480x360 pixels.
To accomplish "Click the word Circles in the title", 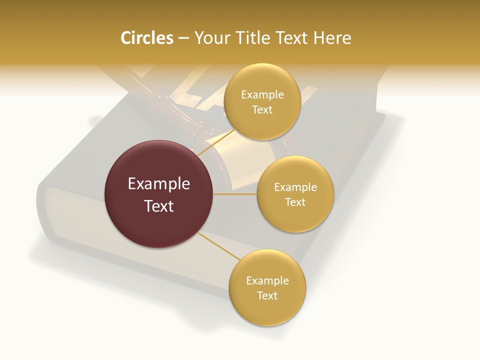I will click(146, 38).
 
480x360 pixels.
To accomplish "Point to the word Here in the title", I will click(332, 38).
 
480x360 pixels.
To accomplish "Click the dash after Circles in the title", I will click(183, 38).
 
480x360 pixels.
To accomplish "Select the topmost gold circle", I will click(262, 102).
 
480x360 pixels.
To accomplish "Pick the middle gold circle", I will click(295, 194).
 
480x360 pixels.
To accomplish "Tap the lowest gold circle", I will click(267, 288).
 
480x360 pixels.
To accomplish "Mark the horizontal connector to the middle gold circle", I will click(235, 194).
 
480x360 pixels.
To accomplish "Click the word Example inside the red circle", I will click(159, 184).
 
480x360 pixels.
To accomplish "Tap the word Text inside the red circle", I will click(159, 206).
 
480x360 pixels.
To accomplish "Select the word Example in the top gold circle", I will click(262, 95).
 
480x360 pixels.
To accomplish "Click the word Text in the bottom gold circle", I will click(267, 295).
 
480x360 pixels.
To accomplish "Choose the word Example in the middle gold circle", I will click(295, 187).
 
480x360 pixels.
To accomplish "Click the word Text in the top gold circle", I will click(262, 110).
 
